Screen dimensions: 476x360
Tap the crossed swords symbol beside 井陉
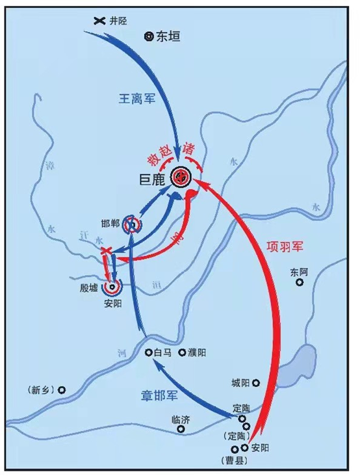coord(99,20)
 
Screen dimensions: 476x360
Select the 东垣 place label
coord(168,37)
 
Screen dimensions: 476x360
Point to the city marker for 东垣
coord(148,37)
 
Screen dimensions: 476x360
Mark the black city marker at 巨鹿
coord(181,176)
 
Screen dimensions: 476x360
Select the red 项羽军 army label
coord(286,246)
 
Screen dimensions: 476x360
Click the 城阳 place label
coord(240,383)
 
